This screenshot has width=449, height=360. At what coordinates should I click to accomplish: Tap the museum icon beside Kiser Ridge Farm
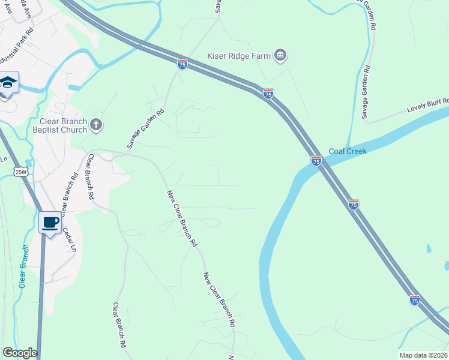click(280, 56)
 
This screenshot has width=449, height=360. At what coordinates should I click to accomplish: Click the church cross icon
click(97, 125)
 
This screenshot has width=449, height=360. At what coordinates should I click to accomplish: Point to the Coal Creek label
click(348, 151)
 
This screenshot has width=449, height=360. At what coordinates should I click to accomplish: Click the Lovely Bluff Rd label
click(427, 108)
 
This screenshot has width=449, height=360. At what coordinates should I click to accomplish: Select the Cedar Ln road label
click(69, 239)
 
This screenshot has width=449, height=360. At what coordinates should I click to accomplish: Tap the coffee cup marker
click(50, 223)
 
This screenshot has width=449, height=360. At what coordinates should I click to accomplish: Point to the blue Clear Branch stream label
click(23, 266)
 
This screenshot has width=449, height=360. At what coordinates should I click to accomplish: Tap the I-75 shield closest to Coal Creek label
click(316, 161)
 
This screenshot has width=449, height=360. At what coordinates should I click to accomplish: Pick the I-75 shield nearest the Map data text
click(415, 299)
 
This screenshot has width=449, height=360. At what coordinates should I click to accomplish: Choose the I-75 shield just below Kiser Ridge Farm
click(268, 94)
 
